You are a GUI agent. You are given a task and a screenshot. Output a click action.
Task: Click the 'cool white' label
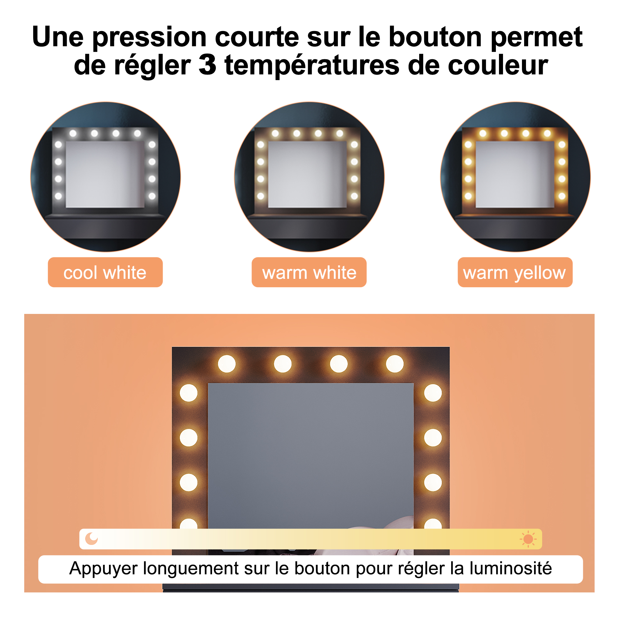coord(105,272)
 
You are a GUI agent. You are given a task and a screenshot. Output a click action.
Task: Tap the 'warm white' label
coord(309,272)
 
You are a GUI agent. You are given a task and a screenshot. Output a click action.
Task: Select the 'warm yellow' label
coord(515,272)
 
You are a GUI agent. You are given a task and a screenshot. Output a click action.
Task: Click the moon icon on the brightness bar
coord(92,539)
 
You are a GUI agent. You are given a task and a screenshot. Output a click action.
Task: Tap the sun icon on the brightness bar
coord(528,539)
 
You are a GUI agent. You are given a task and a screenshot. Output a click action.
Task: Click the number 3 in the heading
coord(207,65)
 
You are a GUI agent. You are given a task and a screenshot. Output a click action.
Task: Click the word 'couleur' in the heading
coord(497,65)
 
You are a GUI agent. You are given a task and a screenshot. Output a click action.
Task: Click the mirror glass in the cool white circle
coord(105,174)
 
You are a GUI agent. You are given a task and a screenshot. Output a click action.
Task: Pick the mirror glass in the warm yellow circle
coord(515,174)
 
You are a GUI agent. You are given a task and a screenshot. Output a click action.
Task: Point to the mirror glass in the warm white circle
coord(307,174)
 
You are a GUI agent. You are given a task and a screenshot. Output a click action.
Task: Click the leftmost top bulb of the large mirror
coord(227,364)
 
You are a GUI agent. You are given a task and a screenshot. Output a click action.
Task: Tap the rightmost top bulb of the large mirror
coord(395,364)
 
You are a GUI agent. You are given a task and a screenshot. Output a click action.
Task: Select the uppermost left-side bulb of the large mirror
coord(189,393)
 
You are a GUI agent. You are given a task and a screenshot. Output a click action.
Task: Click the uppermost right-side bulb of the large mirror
coord(433,393)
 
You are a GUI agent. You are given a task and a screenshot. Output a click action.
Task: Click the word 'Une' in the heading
coord(58,37)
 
